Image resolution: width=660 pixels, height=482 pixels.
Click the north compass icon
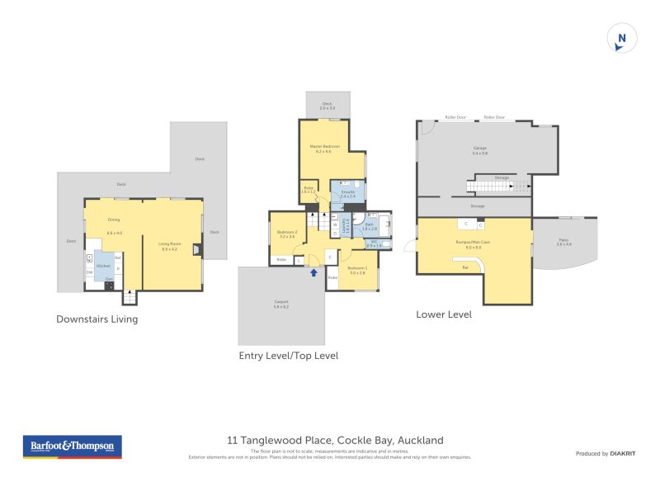621,39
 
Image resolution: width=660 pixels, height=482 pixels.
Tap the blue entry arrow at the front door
313,272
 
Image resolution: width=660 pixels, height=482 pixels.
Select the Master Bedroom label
325,149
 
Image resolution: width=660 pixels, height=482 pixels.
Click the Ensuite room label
347,193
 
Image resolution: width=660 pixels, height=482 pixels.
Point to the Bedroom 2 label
286,234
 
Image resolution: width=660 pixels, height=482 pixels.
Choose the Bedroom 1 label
357,269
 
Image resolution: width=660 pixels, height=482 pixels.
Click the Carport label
281,303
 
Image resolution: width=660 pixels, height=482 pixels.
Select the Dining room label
114,220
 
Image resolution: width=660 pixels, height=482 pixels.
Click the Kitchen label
103,266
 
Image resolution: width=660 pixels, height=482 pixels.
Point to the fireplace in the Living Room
196,248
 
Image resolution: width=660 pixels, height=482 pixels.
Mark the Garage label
479,149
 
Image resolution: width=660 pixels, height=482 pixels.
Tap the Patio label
563,241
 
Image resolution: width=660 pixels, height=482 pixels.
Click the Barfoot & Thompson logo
72,447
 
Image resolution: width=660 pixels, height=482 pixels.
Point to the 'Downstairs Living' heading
97,319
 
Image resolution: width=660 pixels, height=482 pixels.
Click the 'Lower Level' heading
444,314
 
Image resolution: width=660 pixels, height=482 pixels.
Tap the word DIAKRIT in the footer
622,453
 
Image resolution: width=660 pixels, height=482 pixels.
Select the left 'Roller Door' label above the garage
455,117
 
